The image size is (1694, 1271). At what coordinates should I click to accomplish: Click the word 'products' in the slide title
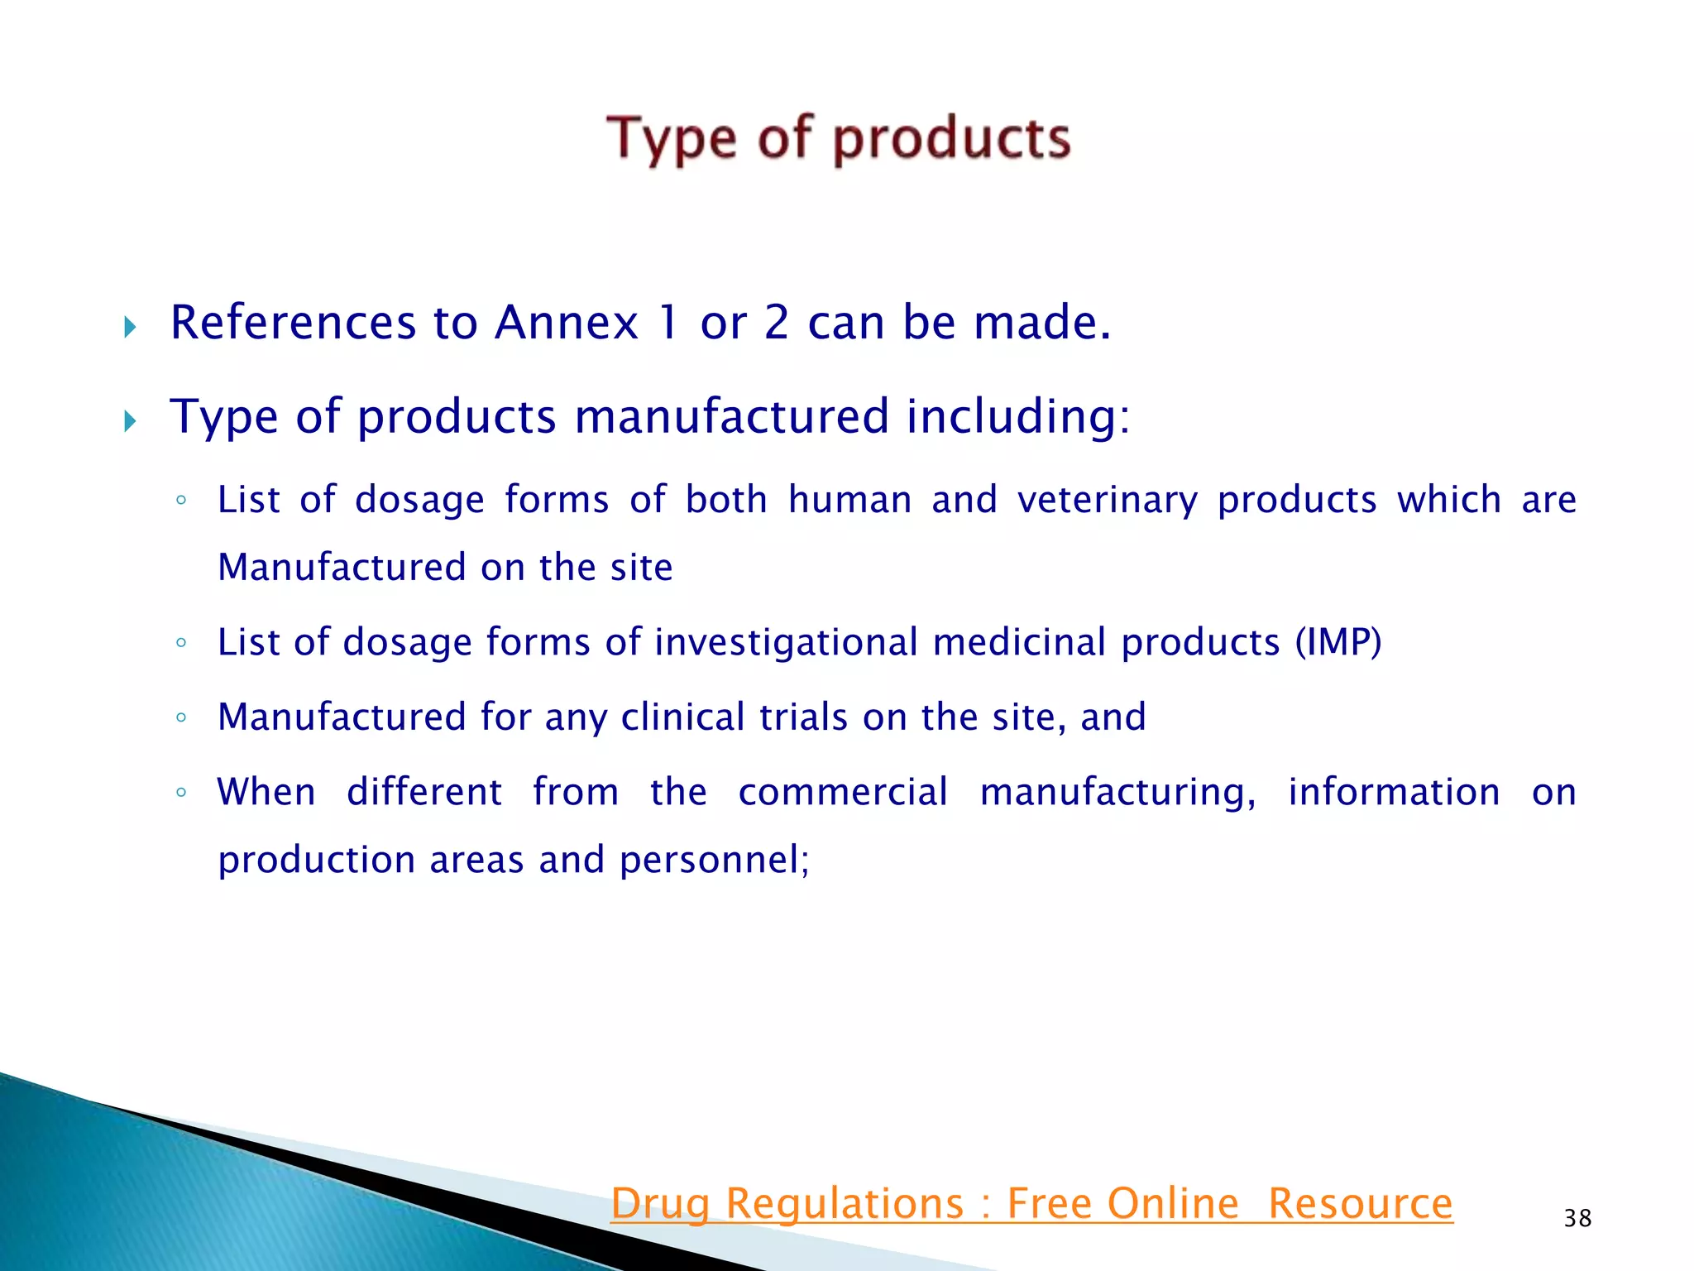pos(951,139)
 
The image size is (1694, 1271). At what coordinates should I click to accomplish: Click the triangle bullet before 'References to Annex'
pos(130,327)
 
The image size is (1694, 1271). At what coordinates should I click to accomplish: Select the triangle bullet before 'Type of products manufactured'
pos(130,421)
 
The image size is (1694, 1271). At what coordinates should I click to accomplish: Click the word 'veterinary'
pos(1108,501)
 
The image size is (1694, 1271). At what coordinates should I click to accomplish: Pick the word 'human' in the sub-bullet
pos(850,500)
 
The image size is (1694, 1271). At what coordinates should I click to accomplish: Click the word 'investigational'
pos(786,643)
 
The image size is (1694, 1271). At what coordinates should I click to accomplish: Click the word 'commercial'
pos(843,792)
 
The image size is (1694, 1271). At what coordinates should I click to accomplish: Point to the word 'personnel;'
pos(715,860)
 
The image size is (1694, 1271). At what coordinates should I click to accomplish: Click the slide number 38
pos(1577,1218)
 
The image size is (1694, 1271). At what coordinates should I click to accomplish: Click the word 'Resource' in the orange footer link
pos(1360,1204)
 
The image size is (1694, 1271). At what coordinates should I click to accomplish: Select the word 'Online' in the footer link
pos(1173,1204)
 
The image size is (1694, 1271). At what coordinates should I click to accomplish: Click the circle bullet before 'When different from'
pos(181,793)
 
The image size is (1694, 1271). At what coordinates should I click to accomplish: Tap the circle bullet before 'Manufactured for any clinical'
pos(181,717)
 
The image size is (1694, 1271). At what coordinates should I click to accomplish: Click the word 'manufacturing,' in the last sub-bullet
pos(1117,793)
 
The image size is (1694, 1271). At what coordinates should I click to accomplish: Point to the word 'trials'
pos(803,717)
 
